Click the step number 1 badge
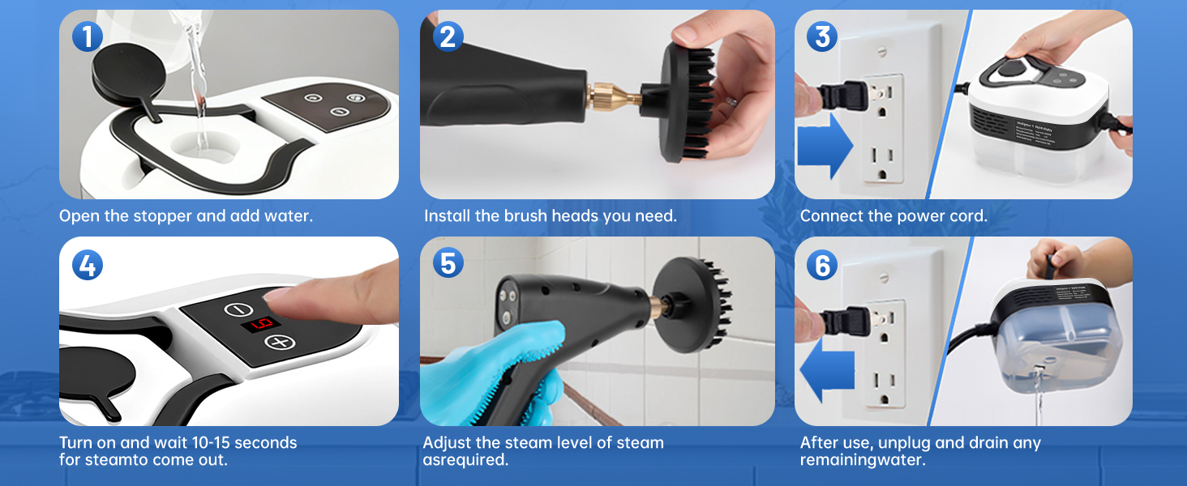[88, 37]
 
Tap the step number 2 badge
[448, 37]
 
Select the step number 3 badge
[822, 37]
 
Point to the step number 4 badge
[88, 265]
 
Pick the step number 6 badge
[822, 265]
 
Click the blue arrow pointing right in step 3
[825, 146]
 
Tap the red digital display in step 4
[260, 324]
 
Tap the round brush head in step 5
[693, 304]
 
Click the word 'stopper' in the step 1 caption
[161, 216]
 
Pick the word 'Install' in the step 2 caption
[444, 216]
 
